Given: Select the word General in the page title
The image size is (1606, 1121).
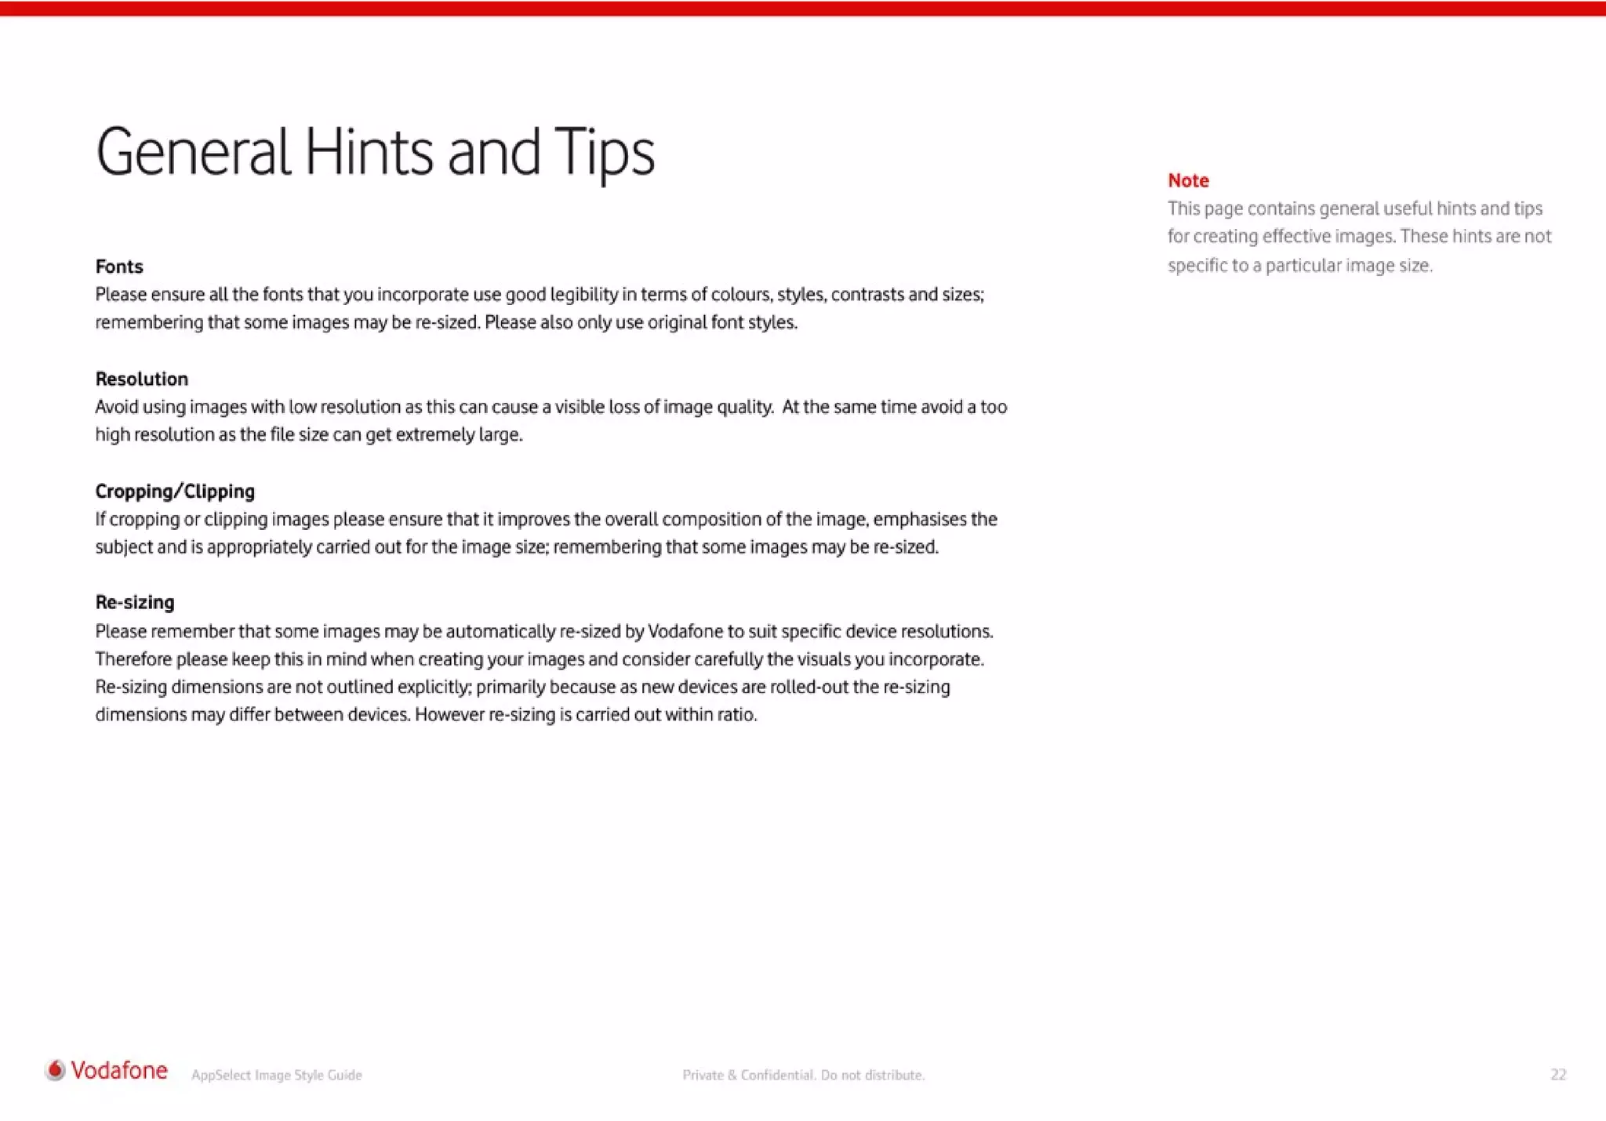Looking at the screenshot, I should point(193,153).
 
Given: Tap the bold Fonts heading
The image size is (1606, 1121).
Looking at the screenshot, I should point(119,267).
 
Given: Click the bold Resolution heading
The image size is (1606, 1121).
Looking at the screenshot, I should point(142,379).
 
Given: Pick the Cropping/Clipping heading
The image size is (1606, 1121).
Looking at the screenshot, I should point(175,492).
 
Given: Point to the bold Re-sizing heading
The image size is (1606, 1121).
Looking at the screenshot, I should point(135,603).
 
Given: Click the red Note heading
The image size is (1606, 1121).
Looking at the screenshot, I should point(1188,180).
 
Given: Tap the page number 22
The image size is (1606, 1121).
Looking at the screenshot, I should point(1558,1075).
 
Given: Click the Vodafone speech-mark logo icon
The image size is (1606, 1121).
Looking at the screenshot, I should point(56,1070).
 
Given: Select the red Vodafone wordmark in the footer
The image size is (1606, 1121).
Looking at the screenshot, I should point(119,1071).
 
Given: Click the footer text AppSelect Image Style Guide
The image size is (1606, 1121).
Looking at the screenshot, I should point(277,1076).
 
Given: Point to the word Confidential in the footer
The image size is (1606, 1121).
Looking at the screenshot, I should point(777,1076).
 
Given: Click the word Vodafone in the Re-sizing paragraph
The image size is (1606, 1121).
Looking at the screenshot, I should point(685,632).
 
